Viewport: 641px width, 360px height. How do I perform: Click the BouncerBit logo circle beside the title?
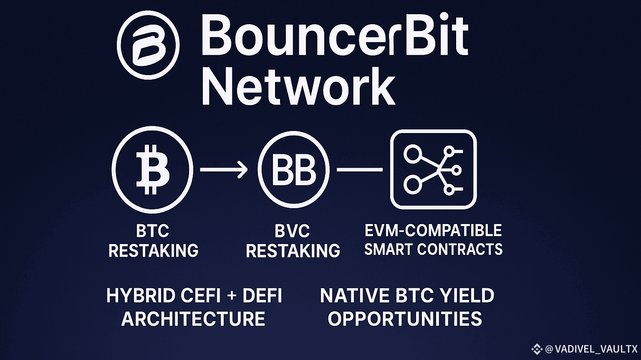pos(148,45)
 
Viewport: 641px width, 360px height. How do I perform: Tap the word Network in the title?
pos(298,88)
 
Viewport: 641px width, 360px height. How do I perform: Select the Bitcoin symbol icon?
pos(152,170)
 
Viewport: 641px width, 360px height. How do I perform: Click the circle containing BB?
pos(293,170)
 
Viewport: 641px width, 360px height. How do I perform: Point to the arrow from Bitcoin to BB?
pos(224,170)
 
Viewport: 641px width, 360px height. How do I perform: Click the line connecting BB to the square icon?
pos(359,170)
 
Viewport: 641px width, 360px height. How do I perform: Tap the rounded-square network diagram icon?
pos(433,169)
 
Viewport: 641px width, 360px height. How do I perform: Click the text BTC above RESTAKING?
pos(152,231)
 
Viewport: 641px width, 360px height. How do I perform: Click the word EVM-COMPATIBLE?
pos(433,231)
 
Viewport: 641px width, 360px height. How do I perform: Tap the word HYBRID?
pos(141,296)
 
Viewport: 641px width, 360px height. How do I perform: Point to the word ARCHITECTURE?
pos(193,319)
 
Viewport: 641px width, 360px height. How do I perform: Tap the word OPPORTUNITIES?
pos(404,319)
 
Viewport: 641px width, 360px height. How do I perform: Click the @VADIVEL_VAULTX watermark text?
pos(591,349)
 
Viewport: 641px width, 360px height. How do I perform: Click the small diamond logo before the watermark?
pos(537,349)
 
